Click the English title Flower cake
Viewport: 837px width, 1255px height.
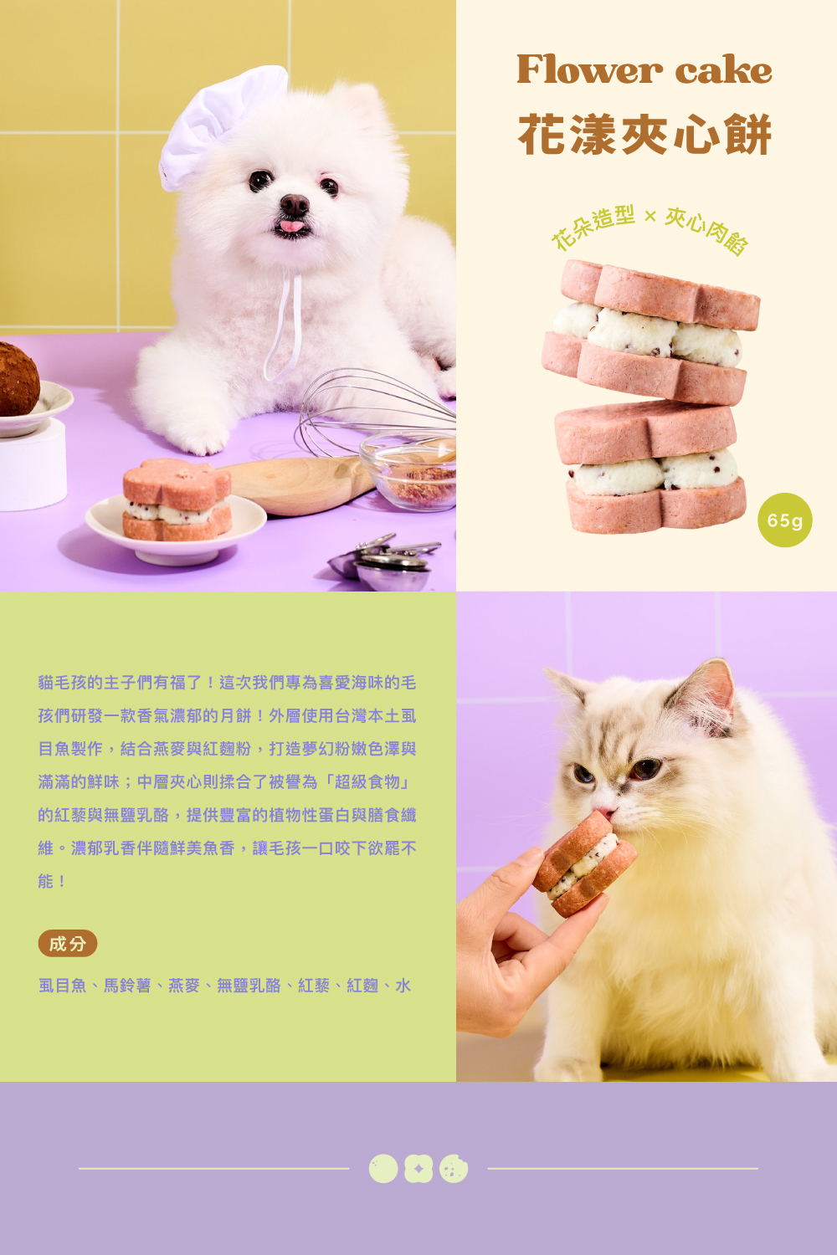644,69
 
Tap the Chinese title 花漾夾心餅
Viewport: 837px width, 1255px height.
644,135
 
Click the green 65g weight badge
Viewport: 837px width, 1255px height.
785,520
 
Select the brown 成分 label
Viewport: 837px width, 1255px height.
67,944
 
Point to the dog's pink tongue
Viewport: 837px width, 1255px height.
290,227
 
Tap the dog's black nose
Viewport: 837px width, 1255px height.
295,204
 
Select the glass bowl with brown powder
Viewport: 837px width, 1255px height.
409,470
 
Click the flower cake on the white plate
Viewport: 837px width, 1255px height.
177,499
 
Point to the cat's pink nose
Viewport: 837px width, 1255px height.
604,812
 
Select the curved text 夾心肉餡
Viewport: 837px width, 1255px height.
707,230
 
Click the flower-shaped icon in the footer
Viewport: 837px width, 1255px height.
418,1169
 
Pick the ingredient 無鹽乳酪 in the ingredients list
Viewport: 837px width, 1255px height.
249,986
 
